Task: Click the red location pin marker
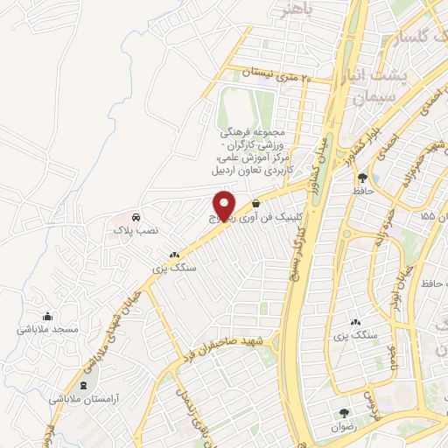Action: (x=225, y=204)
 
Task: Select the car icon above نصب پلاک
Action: (x=136, y=216)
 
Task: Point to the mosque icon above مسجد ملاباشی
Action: (x=47, y=316)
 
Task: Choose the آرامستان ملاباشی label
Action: (x=84, y=398)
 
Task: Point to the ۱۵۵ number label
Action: (x=426, y=215)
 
